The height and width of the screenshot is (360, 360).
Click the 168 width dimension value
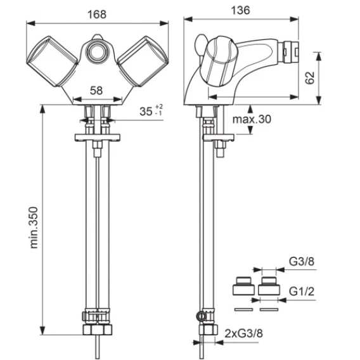97,15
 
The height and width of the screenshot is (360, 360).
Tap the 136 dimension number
240,10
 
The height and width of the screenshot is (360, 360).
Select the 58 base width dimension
96,91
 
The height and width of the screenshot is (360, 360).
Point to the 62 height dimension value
310,78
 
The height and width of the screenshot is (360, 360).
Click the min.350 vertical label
34,228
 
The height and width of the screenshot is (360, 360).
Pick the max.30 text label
252,119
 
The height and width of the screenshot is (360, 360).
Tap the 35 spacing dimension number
146,112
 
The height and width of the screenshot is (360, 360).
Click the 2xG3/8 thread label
243,333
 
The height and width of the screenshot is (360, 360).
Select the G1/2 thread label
302,292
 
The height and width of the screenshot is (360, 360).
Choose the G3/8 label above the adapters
302,262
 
